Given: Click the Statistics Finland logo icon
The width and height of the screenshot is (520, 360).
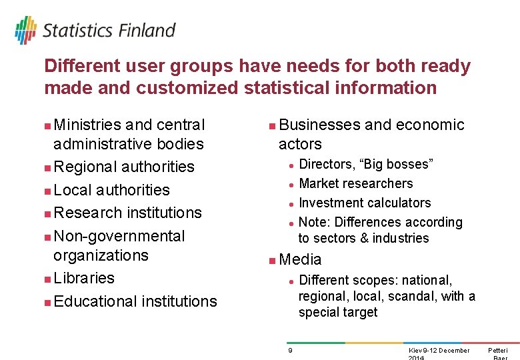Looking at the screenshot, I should pyautogui.click(x=25, y=31).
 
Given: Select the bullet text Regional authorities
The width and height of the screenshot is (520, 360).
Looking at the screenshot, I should pyautogui.click(x=123, y=167).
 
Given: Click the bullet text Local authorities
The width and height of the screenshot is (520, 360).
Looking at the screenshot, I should pyautogui.click(x=111, y=190).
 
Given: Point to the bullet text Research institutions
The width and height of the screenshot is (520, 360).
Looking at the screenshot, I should pyautogui.click(x=127, y=213).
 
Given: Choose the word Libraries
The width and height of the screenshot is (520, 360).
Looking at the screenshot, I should pyautogui.click(x=84, y=278).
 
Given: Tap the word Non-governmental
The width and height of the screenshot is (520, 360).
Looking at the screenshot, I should pyautogui.click(x=119, y=236).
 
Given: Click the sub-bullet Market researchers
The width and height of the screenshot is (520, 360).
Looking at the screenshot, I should pyautogui.click(x=355, y=183).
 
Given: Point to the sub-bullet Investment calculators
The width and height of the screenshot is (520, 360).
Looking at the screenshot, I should pyautogui.click(x=365, y=203).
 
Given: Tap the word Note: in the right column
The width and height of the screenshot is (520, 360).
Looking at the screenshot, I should pyautogui.click(x=315, y=222).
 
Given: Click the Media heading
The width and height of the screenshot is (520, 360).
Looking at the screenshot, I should pyautogui.click(x=300, y=259).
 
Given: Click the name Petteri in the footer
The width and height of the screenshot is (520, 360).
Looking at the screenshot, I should pyautogui.click(x=497, y=351).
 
